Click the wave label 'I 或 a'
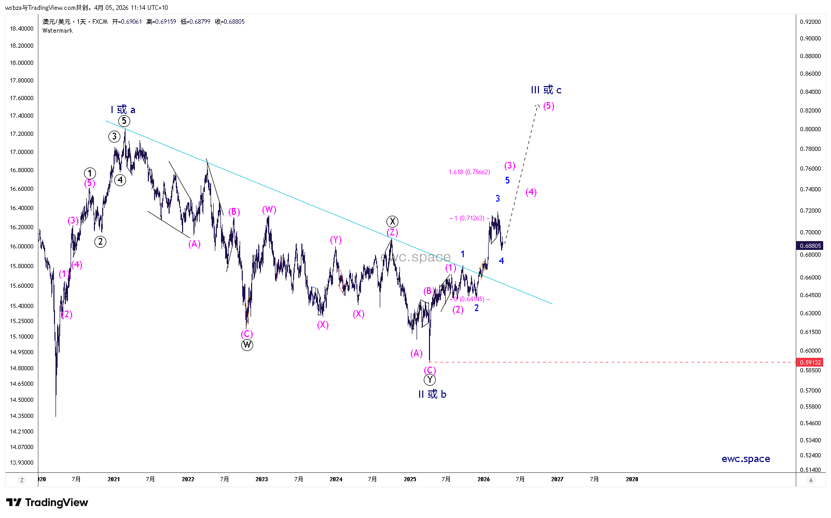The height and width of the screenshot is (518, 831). [123, 109]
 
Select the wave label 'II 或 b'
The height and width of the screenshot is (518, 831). [432, 394]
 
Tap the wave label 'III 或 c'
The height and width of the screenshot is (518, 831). [546, 90]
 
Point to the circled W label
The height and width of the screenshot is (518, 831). [247, 345]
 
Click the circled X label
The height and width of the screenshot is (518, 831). [392, 221]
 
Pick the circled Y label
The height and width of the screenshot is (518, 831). [430, 380]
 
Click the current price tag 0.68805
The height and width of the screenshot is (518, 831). [810, 246]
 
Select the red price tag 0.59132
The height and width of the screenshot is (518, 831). [810, 362]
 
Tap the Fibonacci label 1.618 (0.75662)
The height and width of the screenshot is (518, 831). [469, 172]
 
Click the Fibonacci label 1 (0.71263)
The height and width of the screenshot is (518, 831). [469, 218]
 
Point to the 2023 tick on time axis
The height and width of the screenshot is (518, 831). [261, 479]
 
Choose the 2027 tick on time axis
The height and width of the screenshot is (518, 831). [557, 479]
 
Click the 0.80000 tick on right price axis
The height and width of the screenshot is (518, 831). [810, 129]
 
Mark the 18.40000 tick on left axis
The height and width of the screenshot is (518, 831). [22, 29]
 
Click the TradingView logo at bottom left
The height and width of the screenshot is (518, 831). [47, 502]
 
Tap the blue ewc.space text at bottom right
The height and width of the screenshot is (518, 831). [745, 459]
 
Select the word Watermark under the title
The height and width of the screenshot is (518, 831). [58, 31]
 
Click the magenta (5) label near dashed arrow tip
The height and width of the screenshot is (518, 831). [549, 106]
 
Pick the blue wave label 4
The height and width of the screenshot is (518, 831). [501, 261]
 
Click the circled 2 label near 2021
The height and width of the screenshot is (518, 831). [100, 242]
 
